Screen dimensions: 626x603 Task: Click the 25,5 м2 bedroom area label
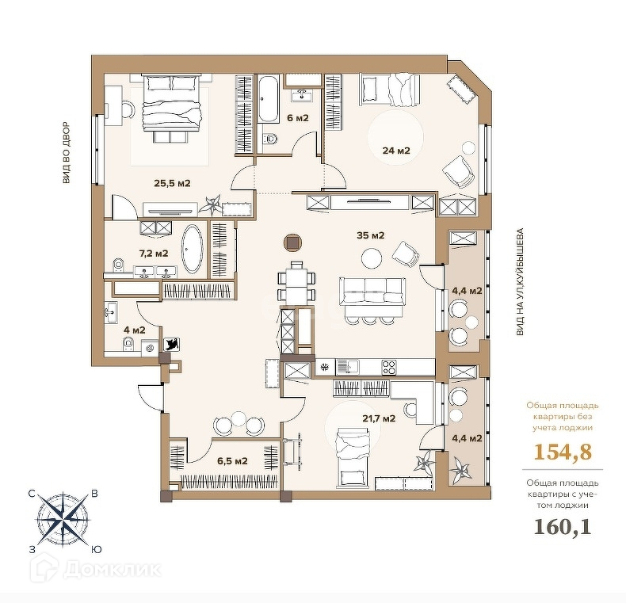pyautogui.click(x=172, y=184)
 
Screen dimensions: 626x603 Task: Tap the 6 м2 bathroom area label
pyautogui.click(x=298, y=118)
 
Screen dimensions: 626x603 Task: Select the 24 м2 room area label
pyautogui.click(x=396, y=151)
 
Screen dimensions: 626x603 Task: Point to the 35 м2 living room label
pyautogui.click(x=371, y=235)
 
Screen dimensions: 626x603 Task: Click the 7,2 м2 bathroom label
pyautogui.click(x=153, y=254)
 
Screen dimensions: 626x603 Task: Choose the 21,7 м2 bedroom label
pyautogui.click(x=379, y=418)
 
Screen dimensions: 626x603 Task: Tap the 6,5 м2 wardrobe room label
pyautogui.click(x=232, y=461)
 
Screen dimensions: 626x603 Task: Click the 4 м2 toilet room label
pyautogui.click(x=135, y=330)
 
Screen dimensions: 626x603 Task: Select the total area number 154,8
pyautogui.click(x=563, y=452)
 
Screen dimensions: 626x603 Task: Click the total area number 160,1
pyautogui.click(x=563, y=527)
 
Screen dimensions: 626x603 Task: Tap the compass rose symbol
pyautogui.click(x=63, y=521)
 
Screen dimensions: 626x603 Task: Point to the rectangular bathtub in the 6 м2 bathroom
pyautogui.click(x=268, y=99)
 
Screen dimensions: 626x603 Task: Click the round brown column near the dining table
pyautogui.click(x=293, y=243)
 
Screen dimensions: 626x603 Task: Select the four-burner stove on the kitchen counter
pyautogui.click(x=389, y=368)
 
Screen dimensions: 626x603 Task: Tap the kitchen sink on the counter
pyautogui.click(x=347, y=367)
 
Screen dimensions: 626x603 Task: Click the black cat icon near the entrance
pyautogui.click(x=173, y=344)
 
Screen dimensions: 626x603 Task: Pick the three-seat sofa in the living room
pyautogui.click(x=372, y=292)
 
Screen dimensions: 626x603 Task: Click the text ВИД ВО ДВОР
pyautogui.click(x=67, y=153)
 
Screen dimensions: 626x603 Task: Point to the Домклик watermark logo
pyautogui.click(x=96, y=569)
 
